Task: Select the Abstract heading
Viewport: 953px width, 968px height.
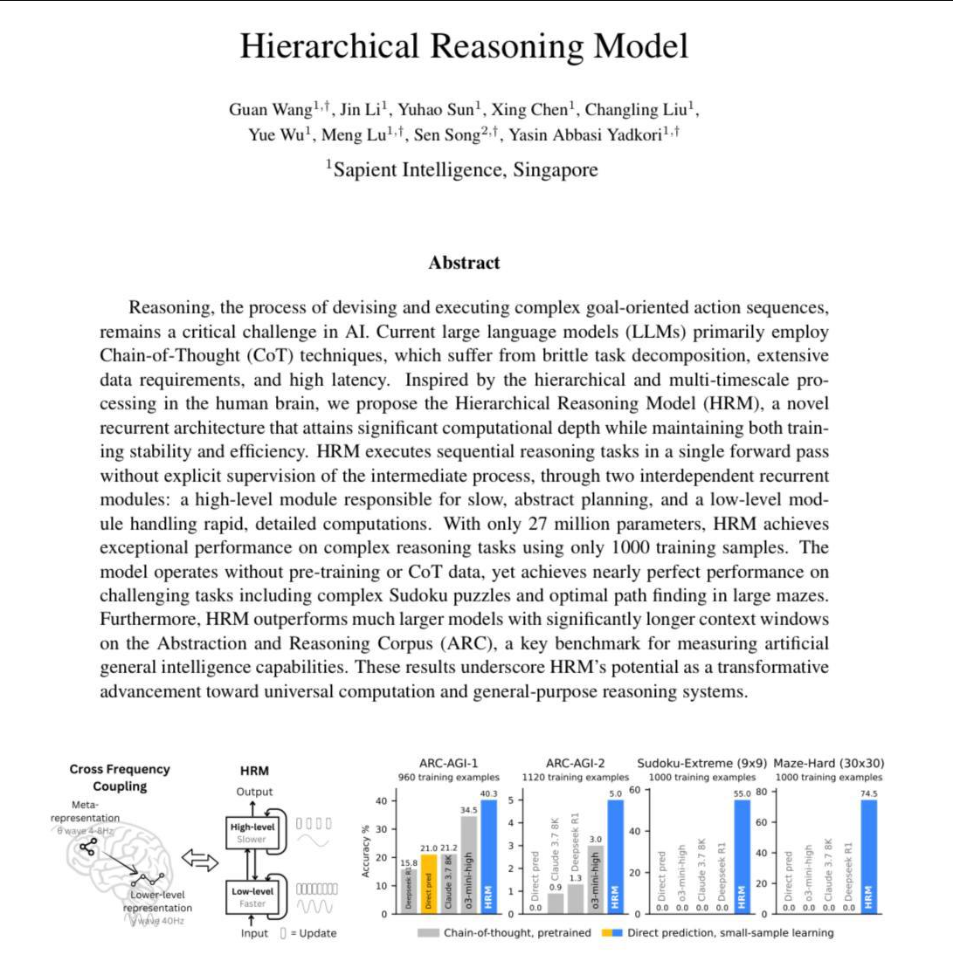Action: click(464, 262)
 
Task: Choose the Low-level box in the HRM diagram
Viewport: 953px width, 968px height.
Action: click(252, 897)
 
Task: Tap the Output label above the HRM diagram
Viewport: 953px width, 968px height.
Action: click(254, 792)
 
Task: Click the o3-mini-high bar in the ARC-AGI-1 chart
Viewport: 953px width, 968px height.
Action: click(469, 864)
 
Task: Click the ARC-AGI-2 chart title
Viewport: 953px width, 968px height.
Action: click(574, 763)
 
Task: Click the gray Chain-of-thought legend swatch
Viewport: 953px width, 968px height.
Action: click(428, 932)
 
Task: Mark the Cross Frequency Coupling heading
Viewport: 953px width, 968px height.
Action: click(120, 777)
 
